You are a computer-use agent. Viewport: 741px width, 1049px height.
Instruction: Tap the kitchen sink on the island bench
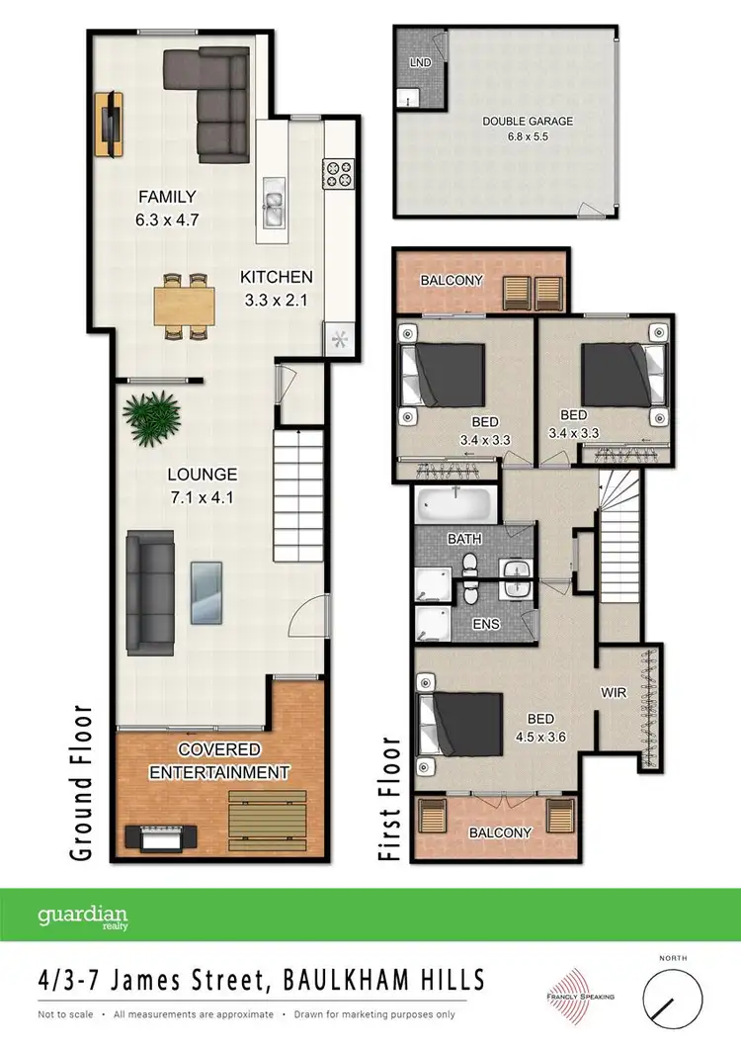point(274,209)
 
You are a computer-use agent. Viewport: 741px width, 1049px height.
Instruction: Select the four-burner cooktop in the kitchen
point(338,175)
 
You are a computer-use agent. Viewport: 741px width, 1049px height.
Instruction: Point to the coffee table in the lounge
point(206,591)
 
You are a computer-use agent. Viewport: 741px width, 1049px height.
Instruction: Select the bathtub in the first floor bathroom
point(454,507)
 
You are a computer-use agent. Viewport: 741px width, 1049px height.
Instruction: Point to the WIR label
point(613,693)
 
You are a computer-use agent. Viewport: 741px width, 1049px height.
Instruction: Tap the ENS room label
point(485,624)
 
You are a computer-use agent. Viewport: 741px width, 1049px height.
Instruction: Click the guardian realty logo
point(83,917)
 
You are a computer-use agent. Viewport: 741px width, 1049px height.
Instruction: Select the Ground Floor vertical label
point(81,781)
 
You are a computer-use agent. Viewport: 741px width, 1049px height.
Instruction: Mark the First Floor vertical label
point(391,799)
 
